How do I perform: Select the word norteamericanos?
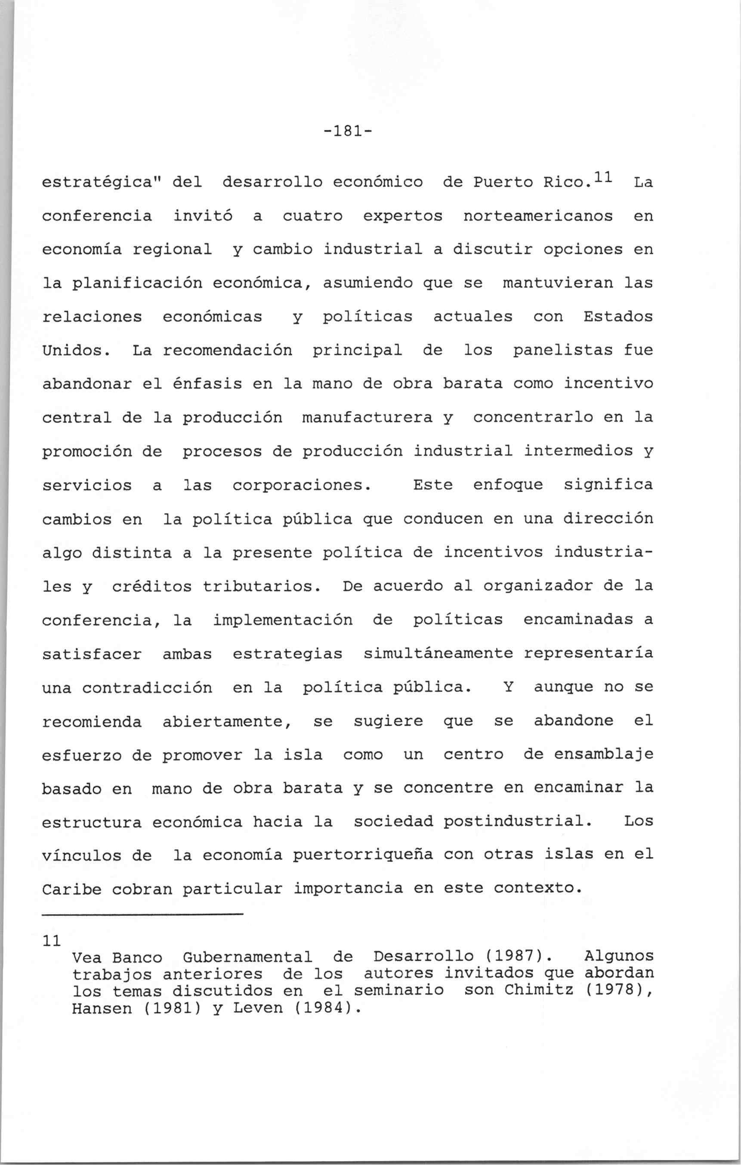pyautogui.click(x=538, y=216)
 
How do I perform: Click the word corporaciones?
pyautogui.click(x=302, y=485)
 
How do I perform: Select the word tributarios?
pyautogui.click(x=261, y=587)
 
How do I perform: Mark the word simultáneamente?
pyautogui.click(x=438, y=654)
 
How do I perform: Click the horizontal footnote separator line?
pyautogui.click(x=142, y=914)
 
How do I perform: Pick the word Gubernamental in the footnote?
pyautogui.click(x=248, y=957)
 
